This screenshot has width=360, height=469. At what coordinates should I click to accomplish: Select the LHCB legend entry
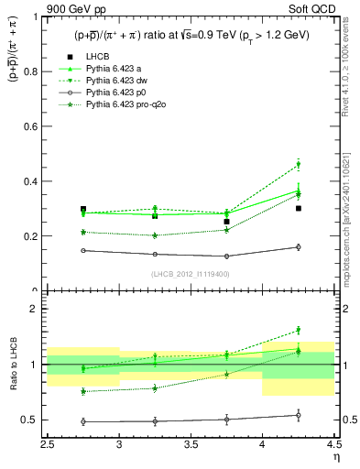[x=99, y=58]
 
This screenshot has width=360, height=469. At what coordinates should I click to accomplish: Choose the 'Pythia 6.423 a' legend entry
[x=114, y=70]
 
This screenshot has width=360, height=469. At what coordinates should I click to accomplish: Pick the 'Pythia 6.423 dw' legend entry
[x=116, y=82]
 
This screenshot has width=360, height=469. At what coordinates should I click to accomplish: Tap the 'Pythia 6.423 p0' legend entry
[x=116, y=93]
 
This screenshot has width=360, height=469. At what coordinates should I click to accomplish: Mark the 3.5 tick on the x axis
[x=191, y=444]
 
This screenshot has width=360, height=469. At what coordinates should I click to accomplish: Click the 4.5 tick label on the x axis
[x=333, y=444]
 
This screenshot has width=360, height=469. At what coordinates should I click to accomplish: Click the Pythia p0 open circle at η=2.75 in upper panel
[x=83, y=250]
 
